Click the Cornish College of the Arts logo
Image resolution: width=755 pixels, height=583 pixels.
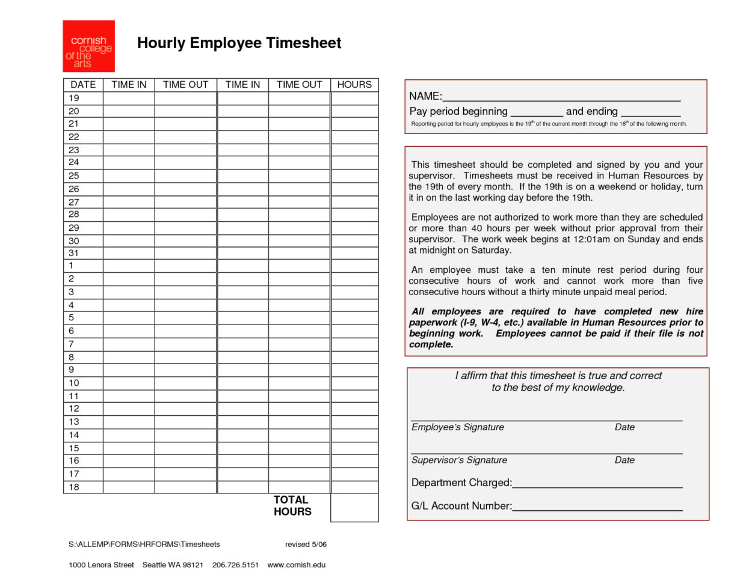pos(88,46)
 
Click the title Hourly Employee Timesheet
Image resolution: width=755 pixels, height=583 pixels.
pos(239,43)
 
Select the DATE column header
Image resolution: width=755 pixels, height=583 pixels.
pos(83,85)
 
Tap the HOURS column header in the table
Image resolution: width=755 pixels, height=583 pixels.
pos(354,85)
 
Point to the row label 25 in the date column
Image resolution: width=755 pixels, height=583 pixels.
pos(74,176)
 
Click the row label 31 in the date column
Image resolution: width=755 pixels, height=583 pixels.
pos(74,253)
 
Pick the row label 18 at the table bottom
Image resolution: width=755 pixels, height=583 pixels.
pos(74,487)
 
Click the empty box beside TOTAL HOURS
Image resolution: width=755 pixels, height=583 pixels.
pos(354,507)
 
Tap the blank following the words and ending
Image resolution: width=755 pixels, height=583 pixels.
pos(650,112)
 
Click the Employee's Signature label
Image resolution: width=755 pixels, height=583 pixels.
pos(458,427)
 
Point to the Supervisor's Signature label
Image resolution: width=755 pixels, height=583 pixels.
pos(459,460)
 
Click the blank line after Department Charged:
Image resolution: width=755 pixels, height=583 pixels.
pos(597,484)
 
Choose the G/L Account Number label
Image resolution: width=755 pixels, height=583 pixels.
pos(461,506)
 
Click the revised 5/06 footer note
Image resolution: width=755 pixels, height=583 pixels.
pos(306,545)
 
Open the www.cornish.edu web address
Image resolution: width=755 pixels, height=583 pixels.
pos(296,565)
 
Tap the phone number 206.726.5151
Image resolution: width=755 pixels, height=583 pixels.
pos(235,565)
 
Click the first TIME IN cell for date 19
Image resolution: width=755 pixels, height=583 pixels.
pos(129,98)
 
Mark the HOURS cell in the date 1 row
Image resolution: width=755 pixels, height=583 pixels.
pos(354,266)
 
